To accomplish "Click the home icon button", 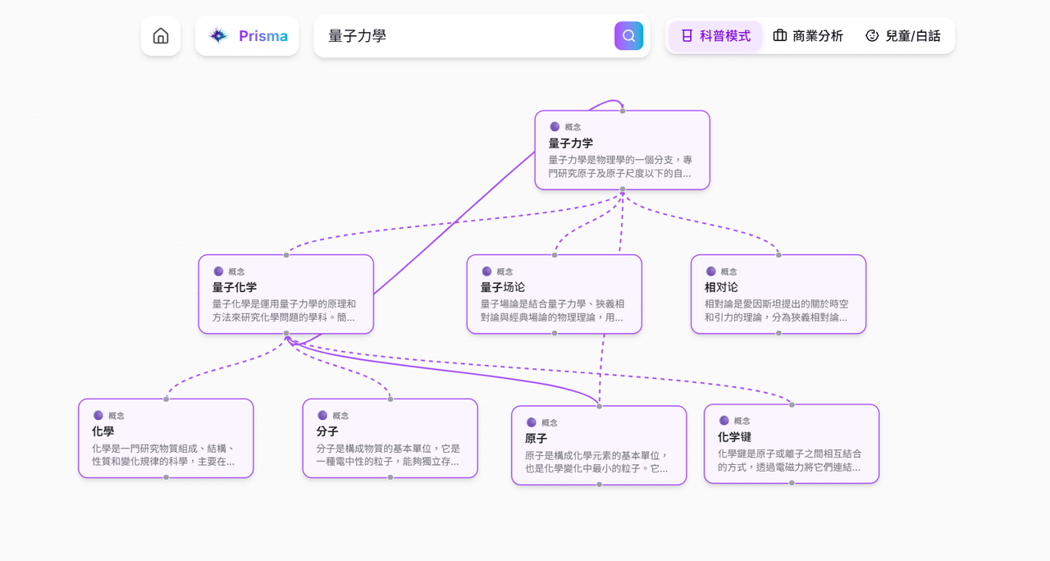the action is [x=161, y=36].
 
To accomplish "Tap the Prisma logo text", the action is [x=263, y=36].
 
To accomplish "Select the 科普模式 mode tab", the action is [x=716, y=36].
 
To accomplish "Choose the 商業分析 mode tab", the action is [x=808, y=36].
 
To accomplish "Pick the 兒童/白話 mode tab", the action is [x=903, y=36].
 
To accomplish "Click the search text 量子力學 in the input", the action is [x=357, y=36].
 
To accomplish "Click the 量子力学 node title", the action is [x=570, y=143].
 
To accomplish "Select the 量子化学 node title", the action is [x=235, y=287].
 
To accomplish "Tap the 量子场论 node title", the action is [x=503, y=287].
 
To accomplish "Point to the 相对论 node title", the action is [x=721, y=287].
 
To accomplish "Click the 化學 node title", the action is [x=103, y=431].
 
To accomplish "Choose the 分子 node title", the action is [x=327, y=431].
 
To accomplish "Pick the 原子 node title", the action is [x=536, y=439].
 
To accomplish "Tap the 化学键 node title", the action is [x=734, y=437].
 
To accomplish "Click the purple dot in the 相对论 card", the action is [x=711, y=271].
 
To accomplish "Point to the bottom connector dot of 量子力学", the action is [x=623, y=189].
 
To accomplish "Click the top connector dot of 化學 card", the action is [x=166, y=399].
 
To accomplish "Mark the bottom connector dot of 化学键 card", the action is [x=792, y=483].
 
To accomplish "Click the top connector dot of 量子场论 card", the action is [x=555, y=255].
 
